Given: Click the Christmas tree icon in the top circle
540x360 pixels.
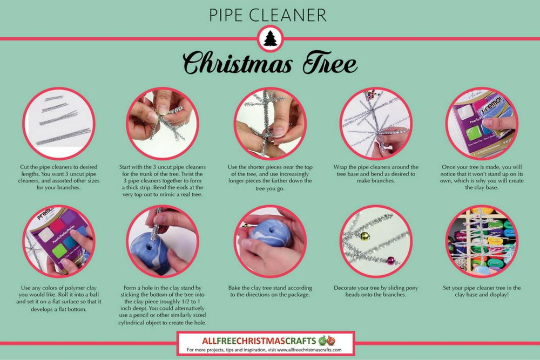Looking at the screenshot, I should [270, 39].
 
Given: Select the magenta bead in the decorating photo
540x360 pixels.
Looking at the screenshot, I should [390, 261].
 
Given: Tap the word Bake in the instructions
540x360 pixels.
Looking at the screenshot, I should [242, 288].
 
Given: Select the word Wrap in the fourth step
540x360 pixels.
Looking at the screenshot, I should [342, 167].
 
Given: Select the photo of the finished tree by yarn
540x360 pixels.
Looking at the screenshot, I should [482, 241].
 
